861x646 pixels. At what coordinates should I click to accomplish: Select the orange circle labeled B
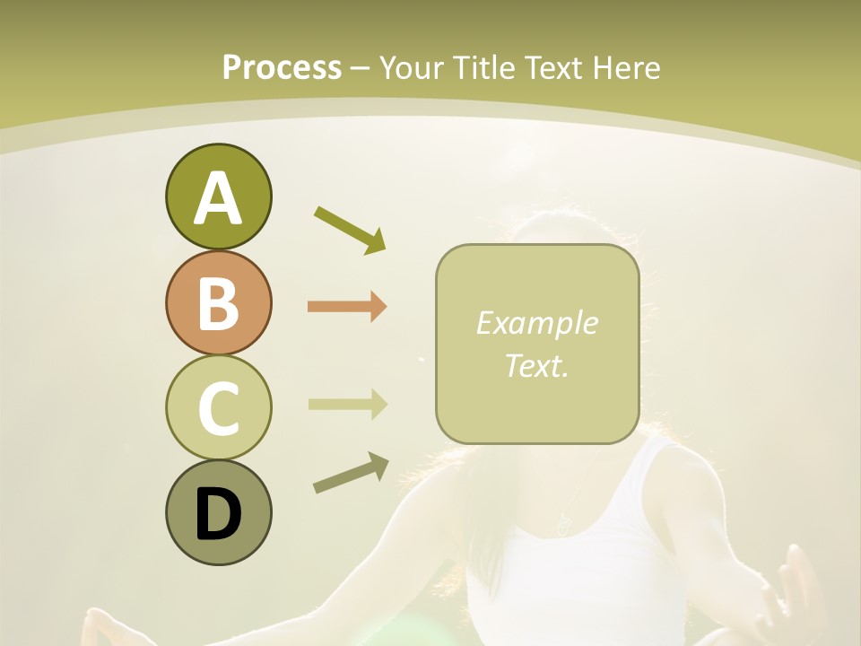(x=218, y=303)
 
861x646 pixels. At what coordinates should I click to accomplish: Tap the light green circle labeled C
(x=218, y=408)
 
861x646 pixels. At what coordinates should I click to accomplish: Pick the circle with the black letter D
(x=218, y=512)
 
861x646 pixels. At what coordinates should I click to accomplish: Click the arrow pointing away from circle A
(x=350, y=229)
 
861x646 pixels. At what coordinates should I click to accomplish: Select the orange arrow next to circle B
(x=347, y=307)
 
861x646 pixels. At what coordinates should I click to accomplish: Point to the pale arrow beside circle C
(x=347, y=405)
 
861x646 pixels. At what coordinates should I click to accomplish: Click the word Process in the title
(x=282, y=67)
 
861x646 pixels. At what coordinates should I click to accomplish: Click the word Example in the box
(x=536, y=323)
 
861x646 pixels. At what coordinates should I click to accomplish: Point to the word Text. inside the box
(x=536, y=366)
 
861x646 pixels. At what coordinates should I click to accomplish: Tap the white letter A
(x=218, y=197)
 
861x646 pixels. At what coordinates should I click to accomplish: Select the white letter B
(x=218, y=303)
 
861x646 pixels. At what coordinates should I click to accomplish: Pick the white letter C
(x=218, y=408)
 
